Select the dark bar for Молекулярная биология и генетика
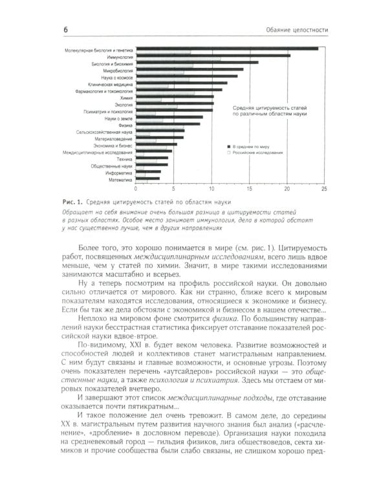226,48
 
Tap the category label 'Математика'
118,179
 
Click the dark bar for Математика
147,178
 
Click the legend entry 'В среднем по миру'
255,147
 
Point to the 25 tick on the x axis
323,189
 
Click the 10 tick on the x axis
211,189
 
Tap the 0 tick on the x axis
136,189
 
